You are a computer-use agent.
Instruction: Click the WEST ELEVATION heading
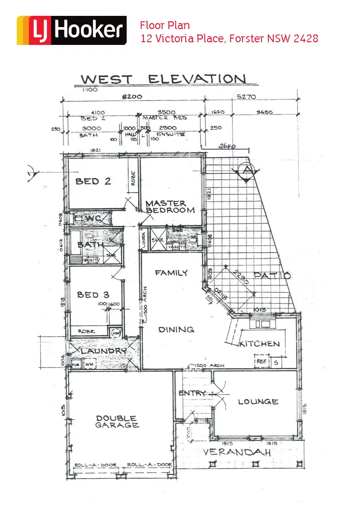pyautogui.click(x=163, y=79)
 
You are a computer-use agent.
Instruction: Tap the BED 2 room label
pyautogui.click(x=93, y=181)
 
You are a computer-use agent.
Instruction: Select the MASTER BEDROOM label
pyautogui.click(x=170, y=207)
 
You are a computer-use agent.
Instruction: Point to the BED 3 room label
pyautogui.click(x=93, y=295)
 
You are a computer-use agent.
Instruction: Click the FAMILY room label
pyautogui.click(x=171, y=273)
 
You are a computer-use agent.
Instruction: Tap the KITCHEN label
pyautogui.click(x=260, y=344)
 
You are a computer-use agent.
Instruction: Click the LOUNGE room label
pyautogui.click(x=258, y=401)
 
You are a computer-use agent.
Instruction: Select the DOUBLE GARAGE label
pyautogui.click(x=117, y=422)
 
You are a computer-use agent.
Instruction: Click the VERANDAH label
pyautogui.click(x=237, y=453)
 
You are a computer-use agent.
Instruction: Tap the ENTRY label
pyautogui.click(x=192, y=393)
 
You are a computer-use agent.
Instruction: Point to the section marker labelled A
pyautogui.click(x=246, y=171)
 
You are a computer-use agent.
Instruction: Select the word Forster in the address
pyautogui.click(x=246, y=38)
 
